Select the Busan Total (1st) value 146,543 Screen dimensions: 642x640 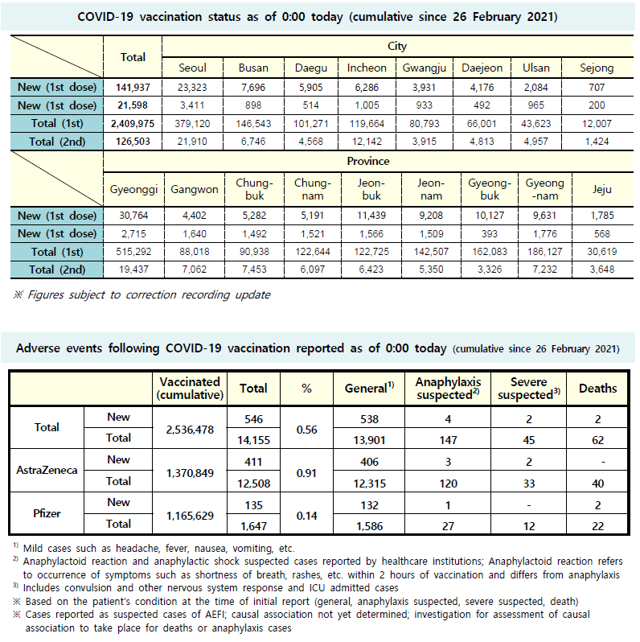click(253, 123)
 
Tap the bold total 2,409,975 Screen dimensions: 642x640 click(133, 123)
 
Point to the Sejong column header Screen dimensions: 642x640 click(596, 68)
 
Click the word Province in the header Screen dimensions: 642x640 click(367, 161)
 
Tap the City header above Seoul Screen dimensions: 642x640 click(396, 47)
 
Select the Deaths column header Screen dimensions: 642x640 click(597, 388)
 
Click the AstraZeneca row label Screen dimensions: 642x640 click(47, 470)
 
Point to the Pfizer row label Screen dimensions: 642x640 click(47, 512)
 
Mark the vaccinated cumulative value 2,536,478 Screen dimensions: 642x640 click(190, 428)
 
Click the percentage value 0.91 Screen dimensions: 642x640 click(306, 470)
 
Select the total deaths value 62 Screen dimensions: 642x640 click(597, 438)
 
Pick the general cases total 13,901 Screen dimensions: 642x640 click(370, 438)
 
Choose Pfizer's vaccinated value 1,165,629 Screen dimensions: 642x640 click(190, 512)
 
